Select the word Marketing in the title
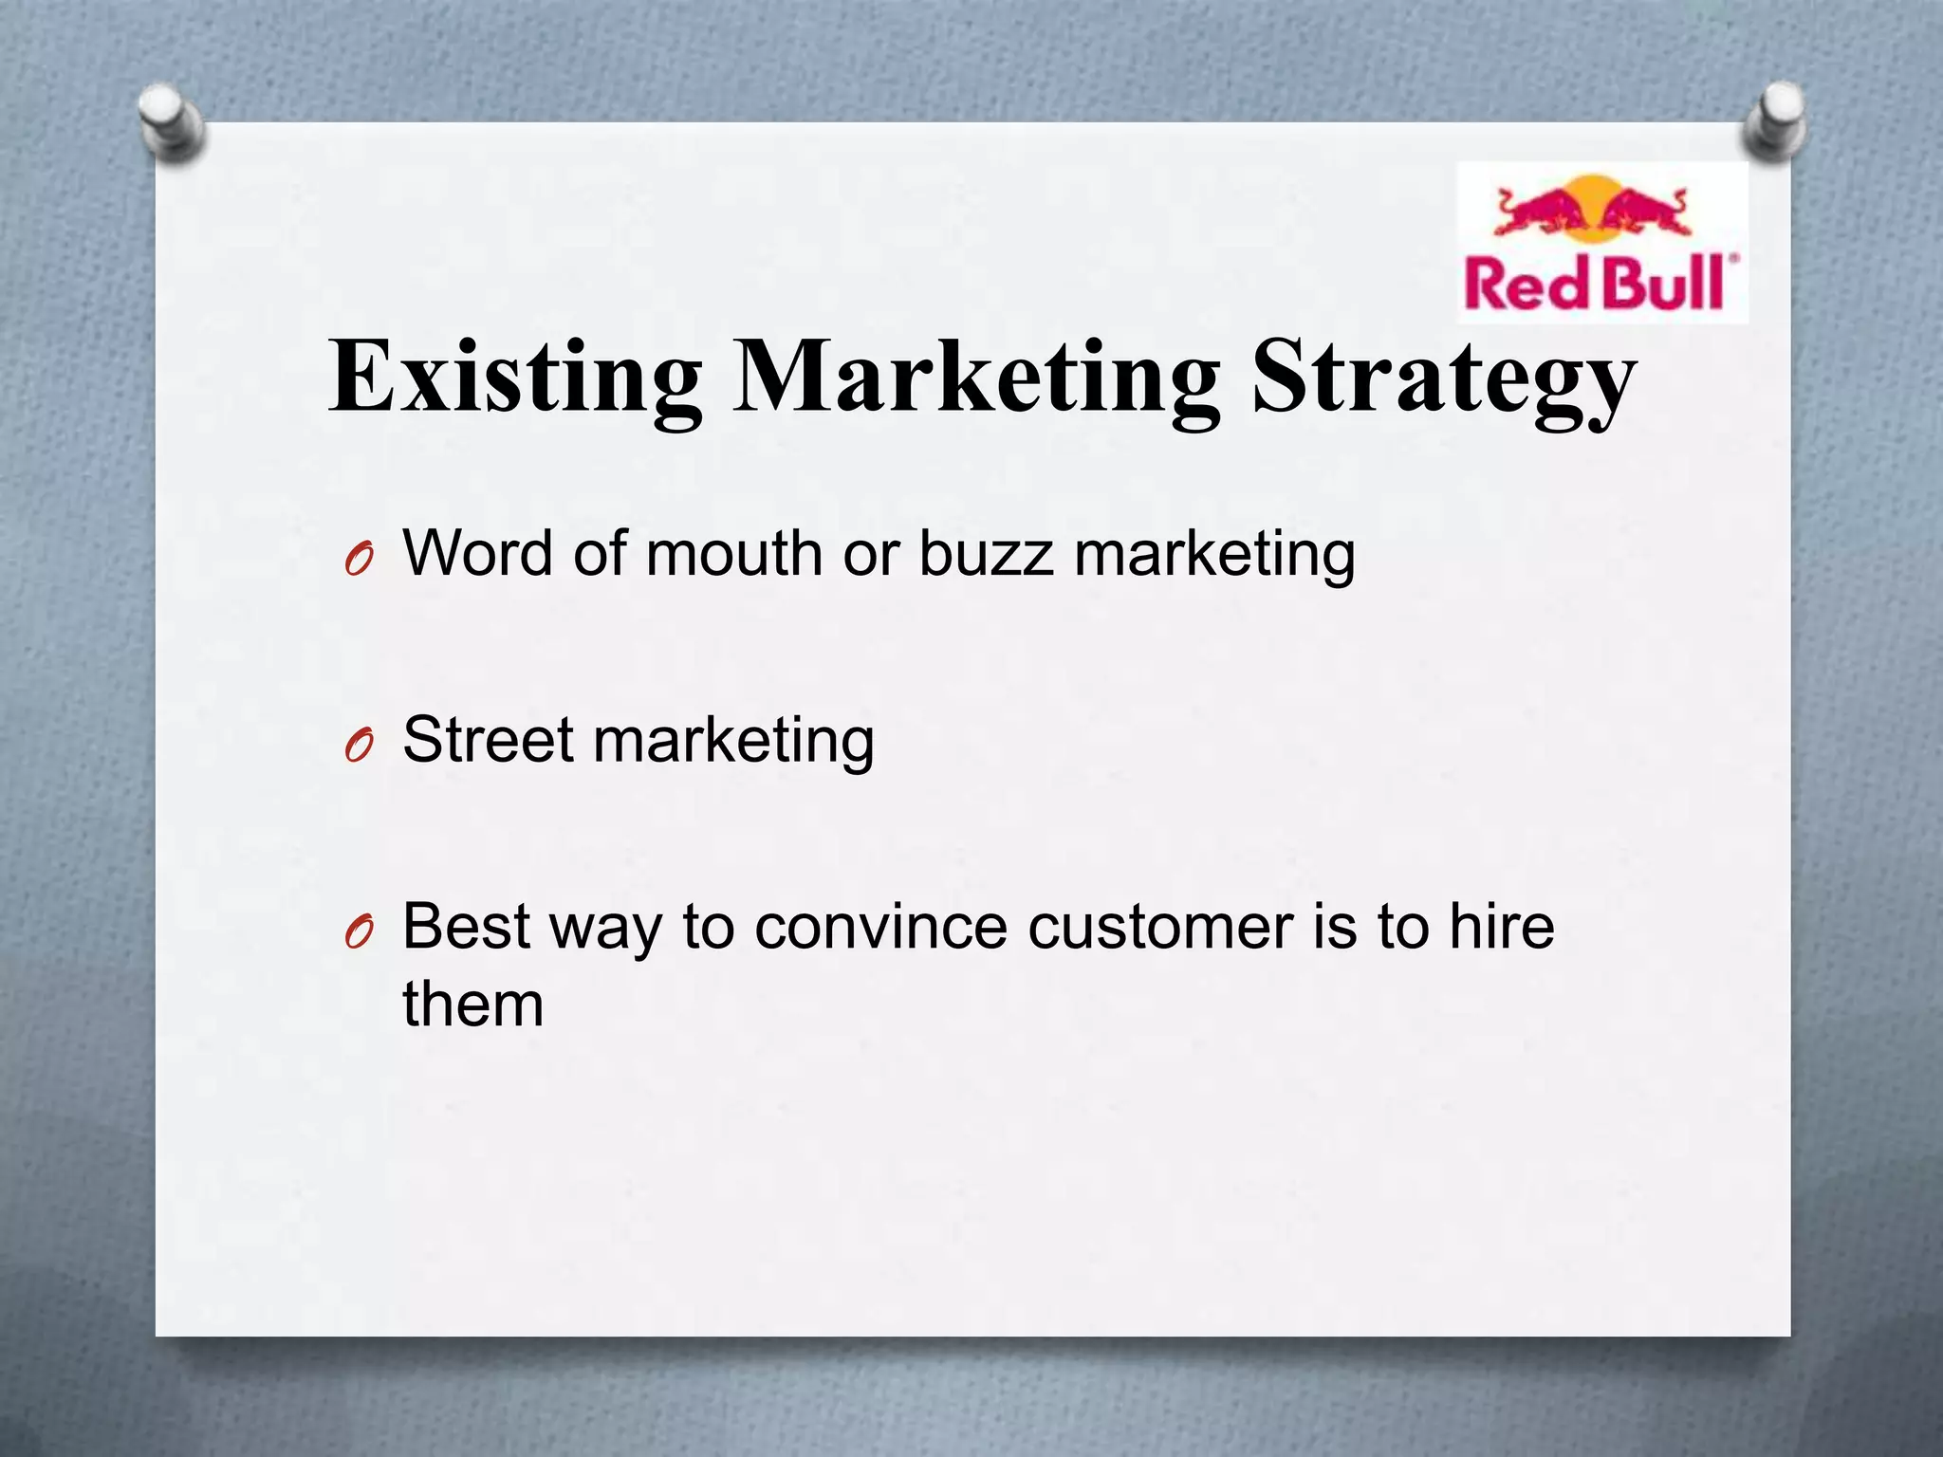tap(976, 377)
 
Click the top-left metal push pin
tap(171, 121)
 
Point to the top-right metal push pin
tap(1773, 119)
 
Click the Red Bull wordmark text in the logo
tap(1600, 282)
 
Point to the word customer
tap(1159, 927)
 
